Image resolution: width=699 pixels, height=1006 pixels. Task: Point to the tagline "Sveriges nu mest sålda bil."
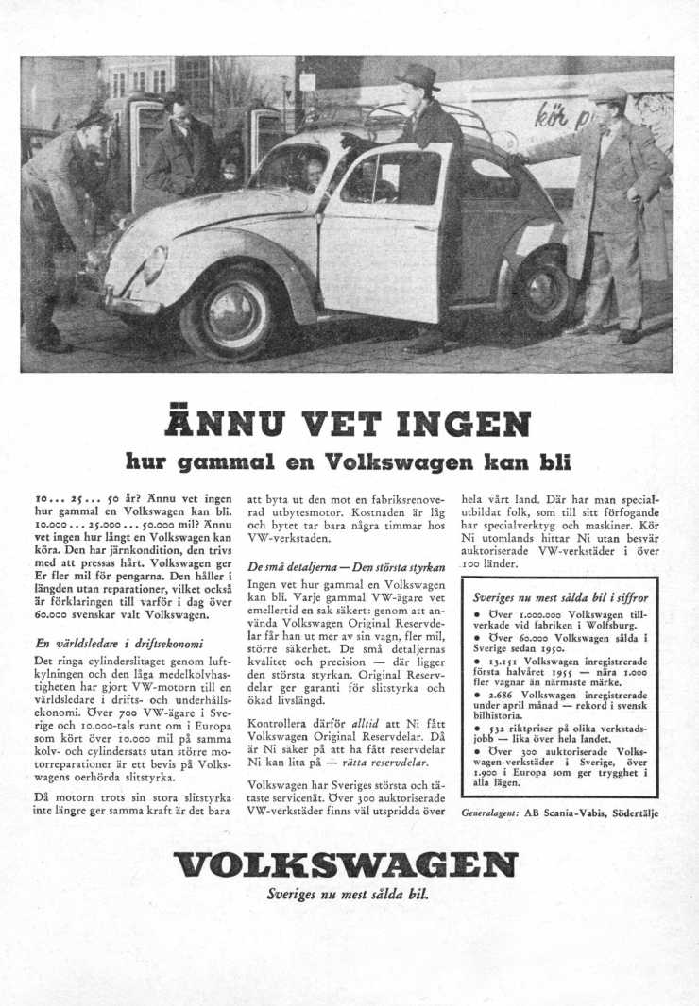(349, 895)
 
